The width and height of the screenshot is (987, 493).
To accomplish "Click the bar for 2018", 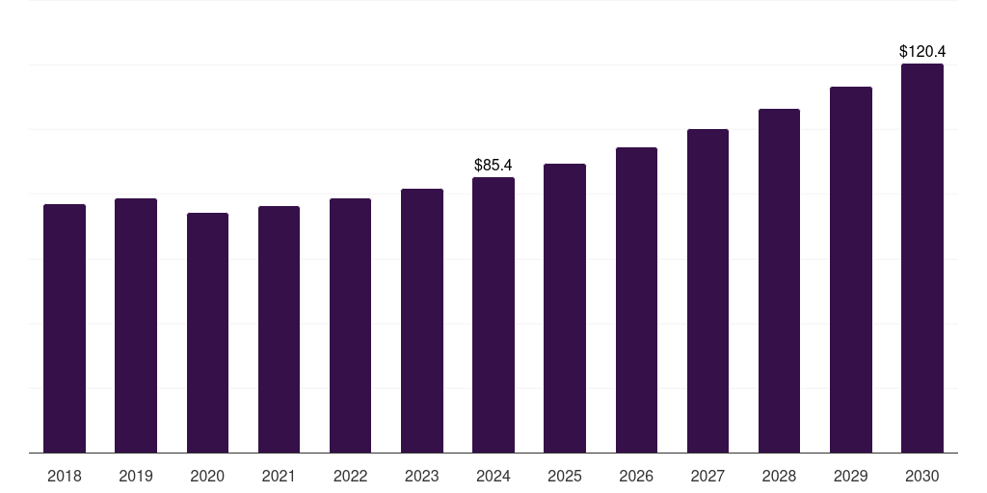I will pos(65,328).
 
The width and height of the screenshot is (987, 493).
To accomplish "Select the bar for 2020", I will pos(207,332).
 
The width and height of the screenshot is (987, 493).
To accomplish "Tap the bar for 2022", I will pos(350,325).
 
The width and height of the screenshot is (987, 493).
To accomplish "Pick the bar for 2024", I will pos(493,315).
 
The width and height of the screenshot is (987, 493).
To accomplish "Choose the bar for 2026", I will pos(636,299).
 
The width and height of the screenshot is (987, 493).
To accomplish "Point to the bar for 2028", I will pos(779,280).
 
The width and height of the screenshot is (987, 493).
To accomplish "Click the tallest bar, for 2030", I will pos(922,258).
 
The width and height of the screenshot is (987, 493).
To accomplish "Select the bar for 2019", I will pos(136,325).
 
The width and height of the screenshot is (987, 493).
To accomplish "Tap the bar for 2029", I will pos(851,270).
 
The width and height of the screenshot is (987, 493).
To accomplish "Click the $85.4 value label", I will pos(493,166).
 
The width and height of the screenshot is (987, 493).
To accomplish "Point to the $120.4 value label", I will pos(922,51).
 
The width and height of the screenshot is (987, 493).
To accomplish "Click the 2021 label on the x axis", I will pos(279,476).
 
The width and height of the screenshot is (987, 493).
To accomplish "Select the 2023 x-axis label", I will pos(422,476).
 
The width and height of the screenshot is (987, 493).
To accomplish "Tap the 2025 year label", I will pos(565,476).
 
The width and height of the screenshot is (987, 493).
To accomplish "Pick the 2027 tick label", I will pos(707,476).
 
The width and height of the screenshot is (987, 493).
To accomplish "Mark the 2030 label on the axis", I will pos(922,476).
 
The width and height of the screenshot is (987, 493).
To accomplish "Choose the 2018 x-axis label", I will pos(65,476).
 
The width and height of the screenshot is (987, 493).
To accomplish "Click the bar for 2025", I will pos(565,308).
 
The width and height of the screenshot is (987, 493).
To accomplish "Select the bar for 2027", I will pos(707,291).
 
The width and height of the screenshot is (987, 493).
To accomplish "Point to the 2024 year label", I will pos(493,476).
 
